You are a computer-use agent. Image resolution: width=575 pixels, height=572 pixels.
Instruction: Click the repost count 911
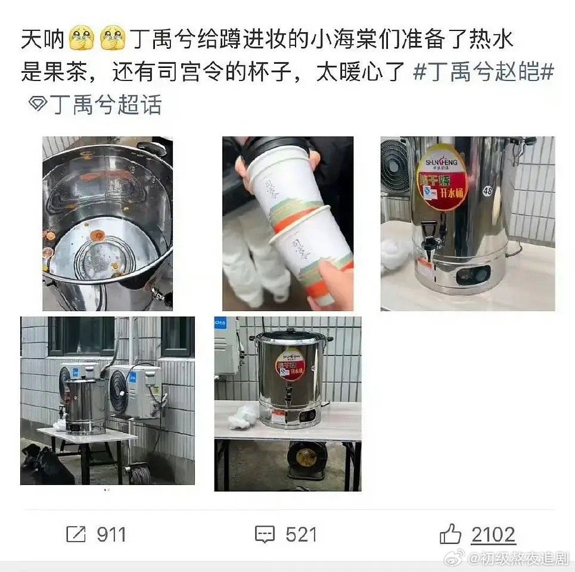point(111,534)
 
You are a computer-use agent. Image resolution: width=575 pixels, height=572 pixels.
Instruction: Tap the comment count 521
point(300,534)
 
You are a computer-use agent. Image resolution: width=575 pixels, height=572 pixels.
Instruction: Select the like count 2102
point(493,534)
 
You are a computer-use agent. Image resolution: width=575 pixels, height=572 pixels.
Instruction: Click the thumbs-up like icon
point(450,534)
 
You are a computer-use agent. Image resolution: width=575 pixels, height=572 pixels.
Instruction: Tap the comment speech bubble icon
point(265,534)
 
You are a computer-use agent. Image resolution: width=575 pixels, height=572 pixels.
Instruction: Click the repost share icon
point(76,534)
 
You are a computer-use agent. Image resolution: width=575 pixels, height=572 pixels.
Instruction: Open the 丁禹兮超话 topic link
point(105,105)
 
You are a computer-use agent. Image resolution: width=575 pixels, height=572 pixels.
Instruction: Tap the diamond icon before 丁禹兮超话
point(38,105)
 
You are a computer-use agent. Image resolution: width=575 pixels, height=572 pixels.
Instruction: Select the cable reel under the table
point(306,459)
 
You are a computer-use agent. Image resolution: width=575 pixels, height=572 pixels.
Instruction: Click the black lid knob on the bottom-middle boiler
point(290,331)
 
